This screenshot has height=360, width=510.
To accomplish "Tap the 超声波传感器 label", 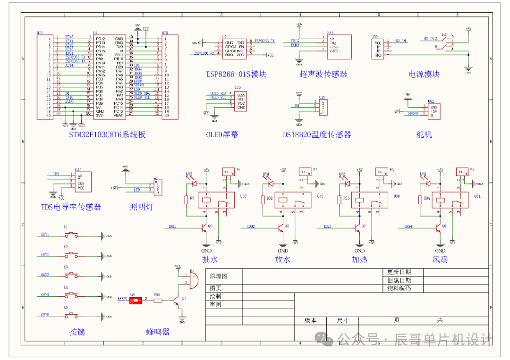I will [323, 74].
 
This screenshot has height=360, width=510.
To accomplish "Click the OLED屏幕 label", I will [222, 134].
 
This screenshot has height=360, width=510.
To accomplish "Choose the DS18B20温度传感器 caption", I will [317, 134].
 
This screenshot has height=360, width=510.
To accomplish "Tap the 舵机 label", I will [424, 134].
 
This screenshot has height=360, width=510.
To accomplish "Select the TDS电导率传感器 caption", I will [71, 207].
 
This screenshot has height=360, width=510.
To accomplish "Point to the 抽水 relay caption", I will [209, 259].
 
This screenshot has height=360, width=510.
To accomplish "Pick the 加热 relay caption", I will [359, 259].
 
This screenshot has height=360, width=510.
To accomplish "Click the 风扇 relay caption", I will [440, 259].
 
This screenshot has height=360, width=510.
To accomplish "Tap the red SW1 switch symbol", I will [136, 300].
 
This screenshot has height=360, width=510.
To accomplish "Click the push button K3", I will [72, 274].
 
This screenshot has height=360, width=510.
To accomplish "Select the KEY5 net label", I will [45, 315].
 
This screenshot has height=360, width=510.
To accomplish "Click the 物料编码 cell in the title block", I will [399, 288].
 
